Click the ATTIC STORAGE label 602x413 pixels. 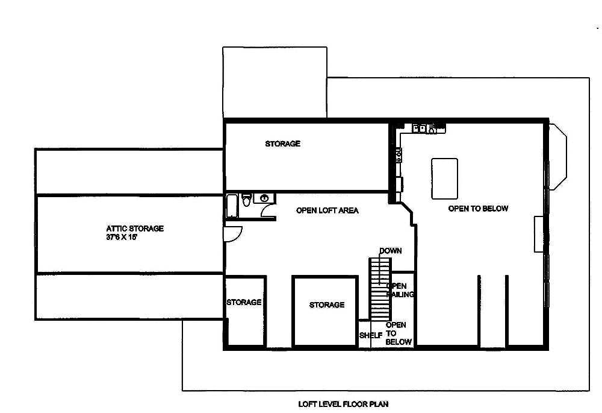(135, 229)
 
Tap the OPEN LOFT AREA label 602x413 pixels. (327, 210)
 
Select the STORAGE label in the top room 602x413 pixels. (282, 144)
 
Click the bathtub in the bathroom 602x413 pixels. (231, 206)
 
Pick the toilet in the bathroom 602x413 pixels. (246, 199)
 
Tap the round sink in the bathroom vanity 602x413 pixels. (264, 198)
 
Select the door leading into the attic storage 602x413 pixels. (233, 234)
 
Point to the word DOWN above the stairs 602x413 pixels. (389, 251)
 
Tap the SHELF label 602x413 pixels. (370, 335)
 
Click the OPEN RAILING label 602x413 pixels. (400, 290)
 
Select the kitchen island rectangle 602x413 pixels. (444, 178)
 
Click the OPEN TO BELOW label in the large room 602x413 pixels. (478, 209)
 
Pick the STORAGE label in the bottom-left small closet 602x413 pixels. (244, 302)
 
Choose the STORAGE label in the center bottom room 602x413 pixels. (327, 305)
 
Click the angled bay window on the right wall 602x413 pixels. (558, 155)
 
